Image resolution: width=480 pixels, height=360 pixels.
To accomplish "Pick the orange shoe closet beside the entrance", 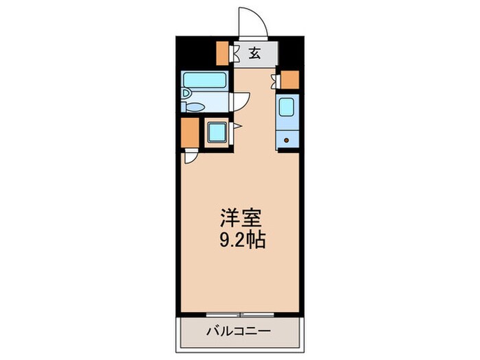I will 222,52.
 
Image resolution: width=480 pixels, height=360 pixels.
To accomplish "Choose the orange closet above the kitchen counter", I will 291,80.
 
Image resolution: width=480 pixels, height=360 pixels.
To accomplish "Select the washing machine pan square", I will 217,132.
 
